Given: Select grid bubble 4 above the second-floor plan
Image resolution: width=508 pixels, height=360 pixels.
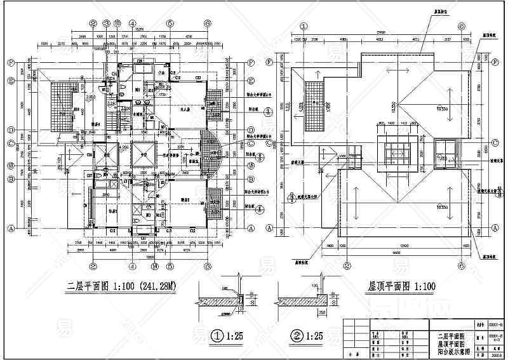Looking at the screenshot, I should tap(133, 23).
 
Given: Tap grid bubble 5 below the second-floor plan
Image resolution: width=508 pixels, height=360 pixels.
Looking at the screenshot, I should tap(170, 266).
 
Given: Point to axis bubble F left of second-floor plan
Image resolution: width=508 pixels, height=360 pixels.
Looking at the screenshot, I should tap(11, 63).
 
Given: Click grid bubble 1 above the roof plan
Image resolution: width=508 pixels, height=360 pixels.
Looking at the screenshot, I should tap(304, 27).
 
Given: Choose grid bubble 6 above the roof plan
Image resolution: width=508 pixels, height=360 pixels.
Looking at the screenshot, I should tap(462, 27).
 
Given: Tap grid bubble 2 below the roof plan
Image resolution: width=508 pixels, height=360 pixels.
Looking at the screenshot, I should tap(345, 266).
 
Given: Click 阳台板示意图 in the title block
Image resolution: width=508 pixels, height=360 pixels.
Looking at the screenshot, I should tap(450, 349).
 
